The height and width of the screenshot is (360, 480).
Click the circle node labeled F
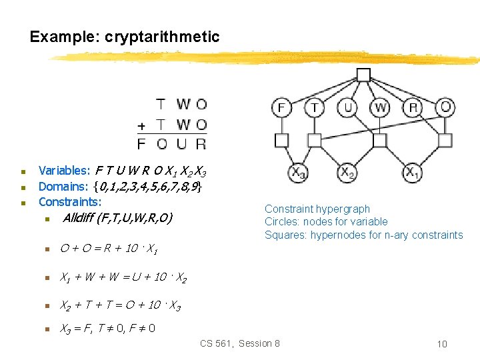pos(281,107)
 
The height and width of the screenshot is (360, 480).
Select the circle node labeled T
pos(314,107)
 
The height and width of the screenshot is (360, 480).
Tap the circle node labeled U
pos(347,107)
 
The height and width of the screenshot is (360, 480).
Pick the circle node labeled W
pos(380,107)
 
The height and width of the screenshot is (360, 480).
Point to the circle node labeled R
pos(413,107)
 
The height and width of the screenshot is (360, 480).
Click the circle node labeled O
pos(446,107)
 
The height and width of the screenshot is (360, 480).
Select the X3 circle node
pos(297,173)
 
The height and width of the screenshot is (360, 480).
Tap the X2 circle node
pos(347,173)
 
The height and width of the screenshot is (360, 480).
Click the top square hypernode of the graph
pos(363,75)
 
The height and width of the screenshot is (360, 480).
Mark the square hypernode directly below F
pos(281,140)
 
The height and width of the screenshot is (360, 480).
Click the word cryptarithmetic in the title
pos(162,37)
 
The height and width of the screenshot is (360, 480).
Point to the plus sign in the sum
pos(141,125)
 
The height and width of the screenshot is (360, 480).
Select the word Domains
pos(63,186)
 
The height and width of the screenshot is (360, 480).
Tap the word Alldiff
pos(78,217)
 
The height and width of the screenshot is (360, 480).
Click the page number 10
pos(442,344)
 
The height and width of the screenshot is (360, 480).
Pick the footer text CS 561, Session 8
pos(240,343)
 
